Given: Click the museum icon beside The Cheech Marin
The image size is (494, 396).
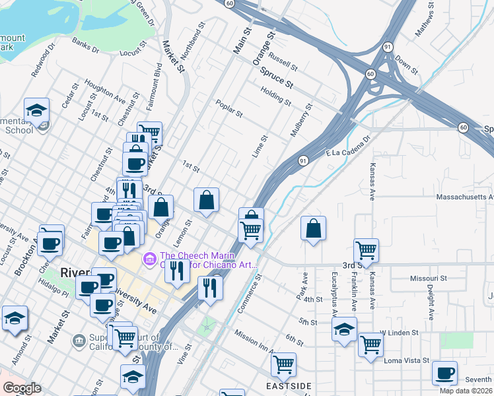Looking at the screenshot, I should click(x=149, y=257).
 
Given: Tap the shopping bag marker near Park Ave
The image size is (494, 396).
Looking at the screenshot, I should click(x=314, y=228).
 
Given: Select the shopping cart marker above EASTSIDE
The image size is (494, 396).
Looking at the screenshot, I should click(x=283, y=364).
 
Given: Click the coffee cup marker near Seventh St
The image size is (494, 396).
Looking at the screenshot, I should click(x=444, y=373).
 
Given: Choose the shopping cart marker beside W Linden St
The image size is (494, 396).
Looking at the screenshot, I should click(x=371, y=344).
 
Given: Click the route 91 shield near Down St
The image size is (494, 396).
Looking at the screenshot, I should click(x=388, y=47).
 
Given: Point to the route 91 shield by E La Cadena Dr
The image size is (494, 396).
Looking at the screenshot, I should click(x=302, y=160).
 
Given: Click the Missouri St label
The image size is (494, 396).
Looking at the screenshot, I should click(x=424, y=279).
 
